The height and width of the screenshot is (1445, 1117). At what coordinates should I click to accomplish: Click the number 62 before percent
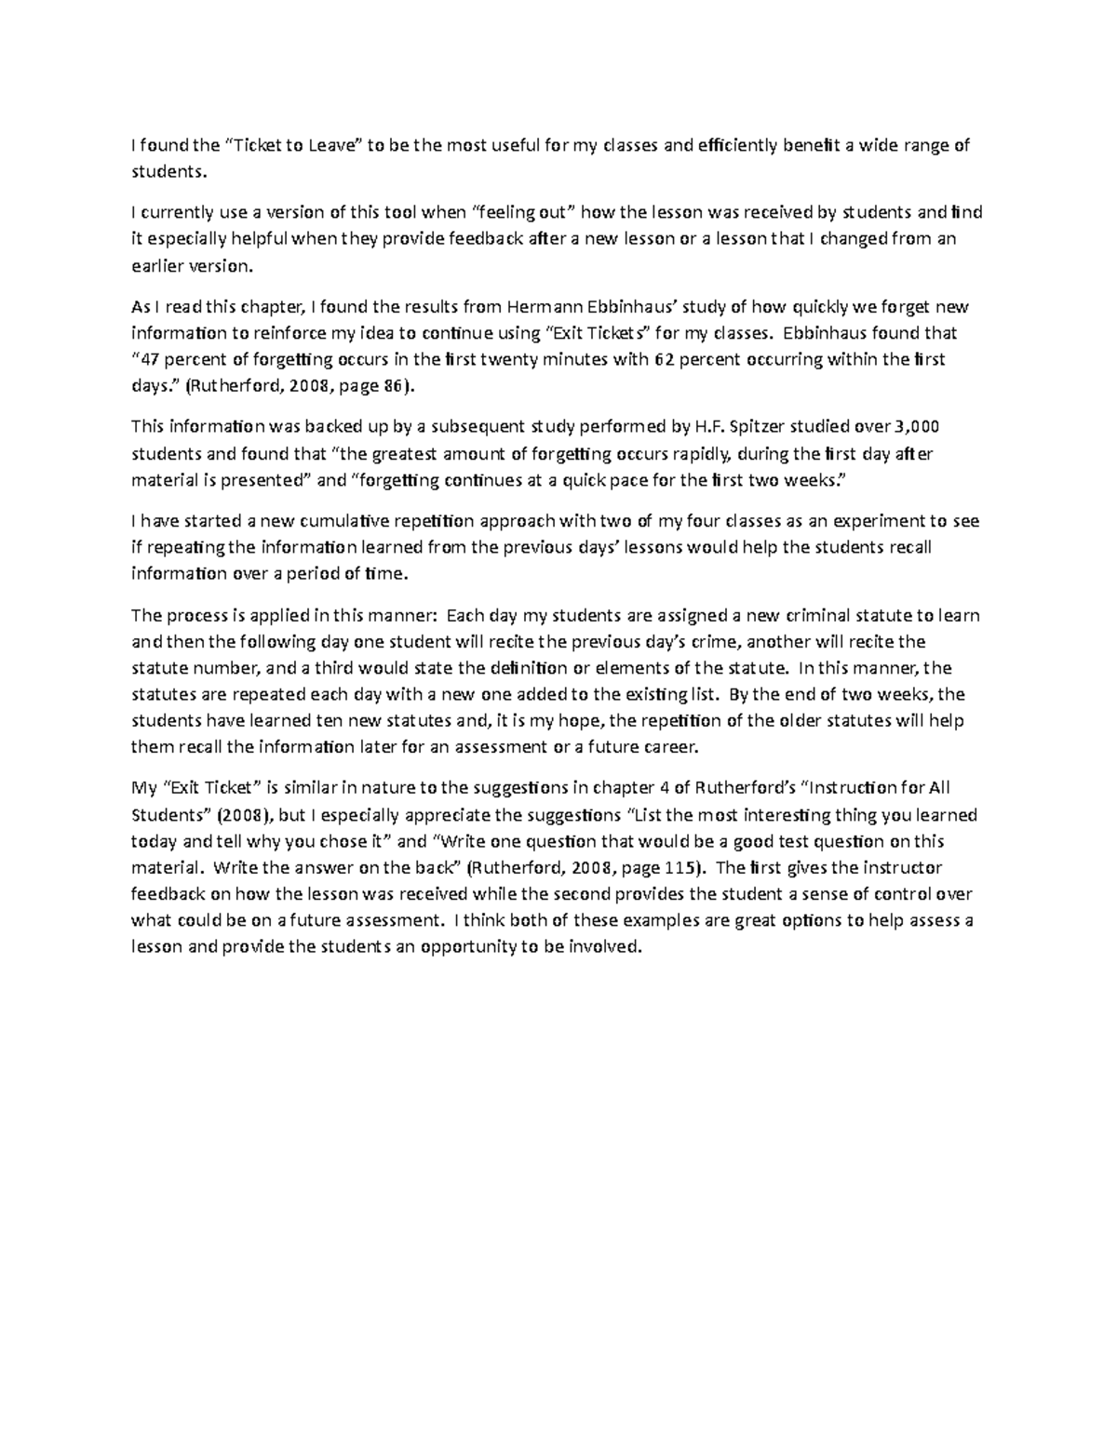pos(665,359)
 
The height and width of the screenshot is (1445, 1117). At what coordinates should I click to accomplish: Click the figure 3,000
pos(917,427)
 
